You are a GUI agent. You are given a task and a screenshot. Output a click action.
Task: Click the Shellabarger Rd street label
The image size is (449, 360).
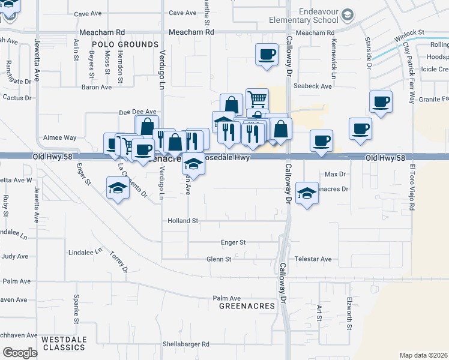point(185,344)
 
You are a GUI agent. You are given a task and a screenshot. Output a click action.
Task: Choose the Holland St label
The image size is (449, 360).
point(183,221)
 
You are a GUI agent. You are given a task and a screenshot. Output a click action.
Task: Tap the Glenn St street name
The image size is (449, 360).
point(219,259)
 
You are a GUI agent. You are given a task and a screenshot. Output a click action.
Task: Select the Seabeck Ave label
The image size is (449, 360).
point(313,86)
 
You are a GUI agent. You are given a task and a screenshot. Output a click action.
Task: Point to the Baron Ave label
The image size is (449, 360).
point(97,87)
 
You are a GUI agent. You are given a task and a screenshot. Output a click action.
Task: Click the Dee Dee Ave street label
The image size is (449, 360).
point(137,112)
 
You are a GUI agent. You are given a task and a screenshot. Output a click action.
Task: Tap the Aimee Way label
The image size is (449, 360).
point(59,137)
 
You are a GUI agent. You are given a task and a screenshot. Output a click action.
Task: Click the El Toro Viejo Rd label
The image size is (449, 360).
point(411,189)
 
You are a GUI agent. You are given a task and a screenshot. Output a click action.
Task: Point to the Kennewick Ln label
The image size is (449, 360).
point(333,59)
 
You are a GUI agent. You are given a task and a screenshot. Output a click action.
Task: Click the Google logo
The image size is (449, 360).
point(20,353)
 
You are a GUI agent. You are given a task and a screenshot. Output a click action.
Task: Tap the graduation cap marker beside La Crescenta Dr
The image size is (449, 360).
point(118,188)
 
